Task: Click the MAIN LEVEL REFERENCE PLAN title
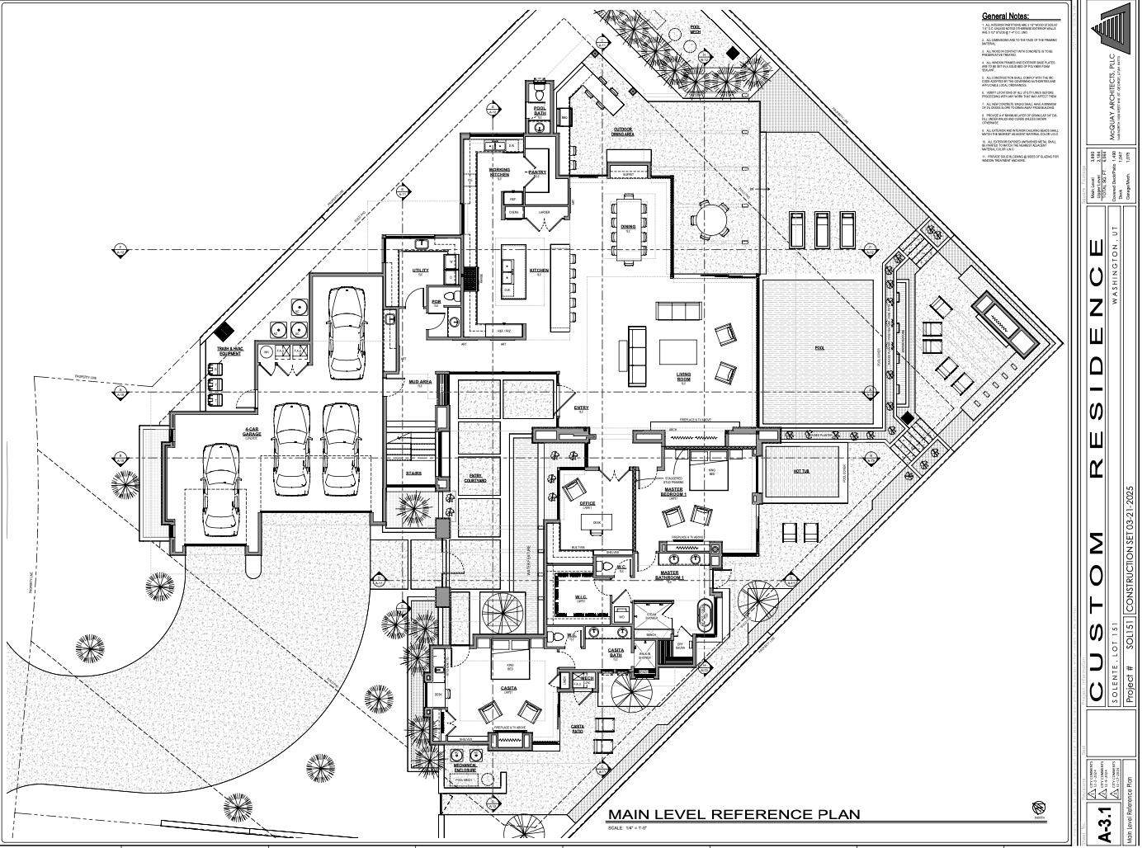734,814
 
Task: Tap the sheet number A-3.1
1106,824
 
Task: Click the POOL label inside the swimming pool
819,348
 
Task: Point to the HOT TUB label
800,472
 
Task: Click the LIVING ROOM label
683,377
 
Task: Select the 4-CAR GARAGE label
253,432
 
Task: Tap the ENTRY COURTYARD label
477,478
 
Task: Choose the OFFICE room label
587,503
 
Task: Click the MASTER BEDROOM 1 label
673,492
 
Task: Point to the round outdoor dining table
710,220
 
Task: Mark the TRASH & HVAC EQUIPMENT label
229,351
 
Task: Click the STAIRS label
413,473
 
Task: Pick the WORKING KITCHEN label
500,172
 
